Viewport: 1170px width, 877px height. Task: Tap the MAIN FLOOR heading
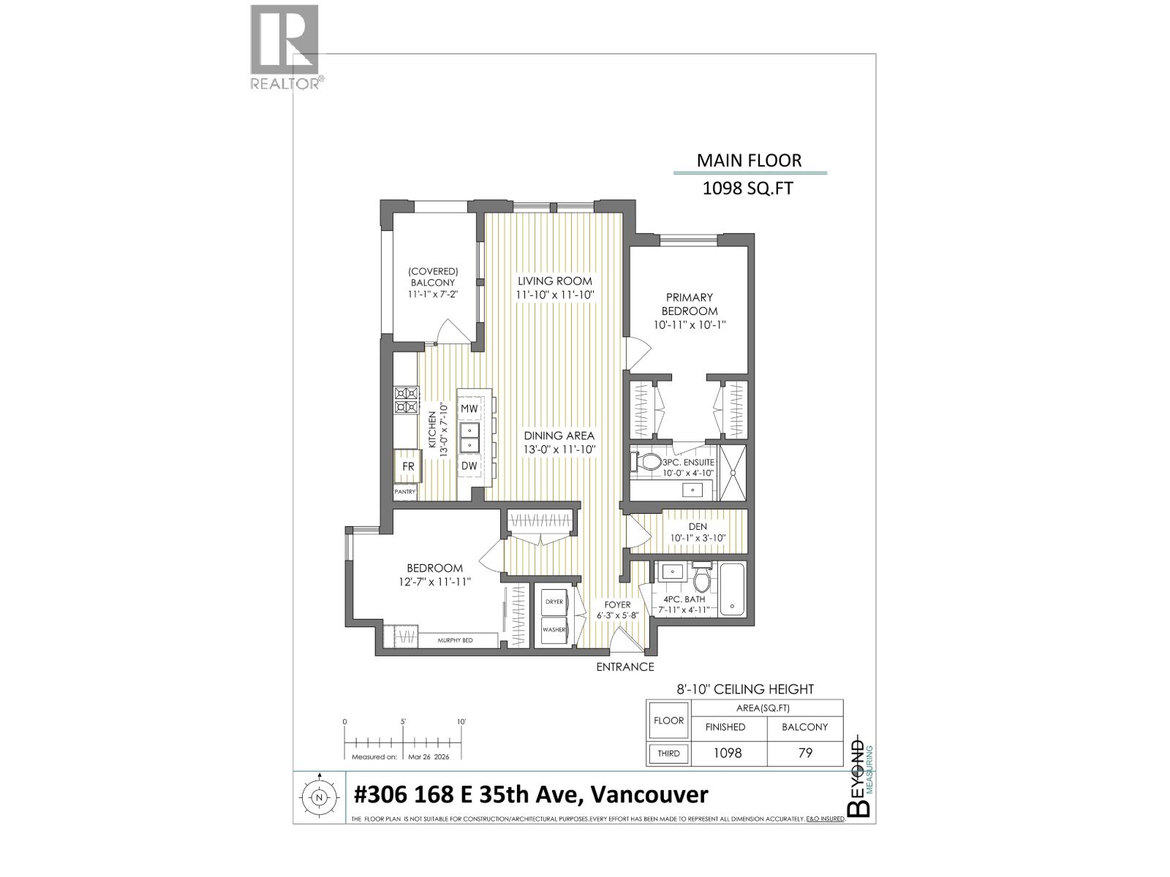[x=749, y=160]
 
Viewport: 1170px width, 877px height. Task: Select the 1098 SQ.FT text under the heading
[x=747, y=189]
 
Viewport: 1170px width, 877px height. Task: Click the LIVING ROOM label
[x=555, y=281]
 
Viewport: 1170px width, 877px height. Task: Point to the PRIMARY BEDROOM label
[x=689, y=304]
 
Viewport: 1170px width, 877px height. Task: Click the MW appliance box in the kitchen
[x=469, y=408]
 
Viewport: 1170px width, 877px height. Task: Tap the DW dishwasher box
[x=469, y=466]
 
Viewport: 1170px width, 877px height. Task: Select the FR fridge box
[x=408, y=466]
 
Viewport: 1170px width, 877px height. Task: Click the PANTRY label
[x=405, y=492]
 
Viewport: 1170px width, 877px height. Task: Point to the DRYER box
[x=554, y=601]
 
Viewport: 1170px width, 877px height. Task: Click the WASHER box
[x=554, y=629]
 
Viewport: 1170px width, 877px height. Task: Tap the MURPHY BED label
[x=455, y=640]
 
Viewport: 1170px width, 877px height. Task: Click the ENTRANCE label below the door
[x=624, y=667]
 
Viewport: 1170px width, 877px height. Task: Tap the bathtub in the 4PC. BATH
[x=731, y=589]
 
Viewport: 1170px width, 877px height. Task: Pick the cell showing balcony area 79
[x=804, y=753]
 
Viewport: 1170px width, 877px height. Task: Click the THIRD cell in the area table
[x=668, y=753]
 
